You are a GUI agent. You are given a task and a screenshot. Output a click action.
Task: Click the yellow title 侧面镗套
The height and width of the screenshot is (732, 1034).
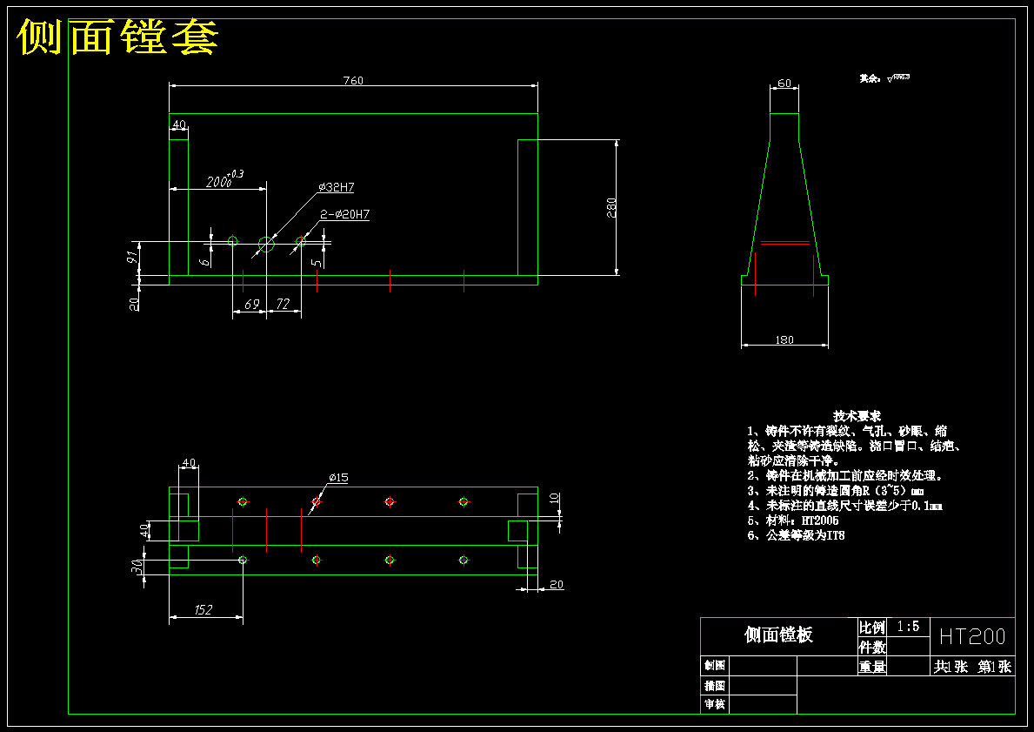(x=117, y=37)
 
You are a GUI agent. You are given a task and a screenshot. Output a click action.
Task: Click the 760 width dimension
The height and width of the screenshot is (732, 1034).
(x=352, y=81)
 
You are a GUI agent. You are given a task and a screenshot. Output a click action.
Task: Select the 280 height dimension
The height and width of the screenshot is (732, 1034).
(x=611, y=207)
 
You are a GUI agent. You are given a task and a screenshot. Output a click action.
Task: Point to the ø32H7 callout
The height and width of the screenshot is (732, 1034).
(x=337, y=187)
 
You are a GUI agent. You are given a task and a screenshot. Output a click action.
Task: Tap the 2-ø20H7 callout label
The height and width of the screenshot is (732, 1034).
(x=344, y=214)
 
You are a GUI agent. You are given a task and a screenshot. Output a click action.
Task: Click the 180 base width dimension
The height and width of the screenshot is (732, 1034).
(x=784, y=340)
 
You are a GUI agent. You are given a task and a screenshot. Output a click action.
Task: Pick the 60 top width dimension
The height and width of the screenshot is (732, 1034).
(x=784, y=84)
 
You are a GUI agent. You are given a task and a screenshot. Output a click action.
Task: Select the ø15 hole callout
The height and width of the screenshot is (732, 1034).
(x=338, y=478)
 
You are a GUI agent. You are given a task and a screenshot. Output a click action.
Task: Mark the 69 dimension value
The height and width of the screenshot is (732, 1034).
(x=251, y=305)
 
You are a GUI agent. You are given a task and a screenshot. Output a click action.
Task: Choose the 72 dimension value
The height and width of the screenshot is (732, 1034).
(x=283, y=305)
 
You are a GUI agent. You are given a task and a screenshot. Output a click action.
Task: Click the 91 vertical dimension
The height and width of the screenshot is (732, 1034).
(x=132, y=257)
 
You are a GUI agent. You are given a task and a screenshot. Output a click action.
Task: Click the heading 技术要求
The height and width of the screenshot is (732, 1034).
(x=857, y=416)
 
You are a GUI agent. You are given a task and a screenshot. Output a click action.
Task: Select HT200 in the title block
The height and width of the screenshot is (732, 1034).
(x=971, y=636)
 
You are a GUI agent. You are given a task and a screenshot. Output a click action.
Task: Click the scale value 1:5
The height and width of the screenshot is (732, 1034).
(x=908, y=627)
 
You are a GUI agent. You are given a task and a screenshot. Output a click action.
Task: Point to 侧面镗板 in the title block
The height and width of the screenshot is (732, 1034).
(x=778, y=635)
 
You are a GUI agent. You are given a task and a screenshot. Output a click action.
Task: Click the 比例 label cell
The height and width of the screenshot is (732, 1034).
(x=872, y=628)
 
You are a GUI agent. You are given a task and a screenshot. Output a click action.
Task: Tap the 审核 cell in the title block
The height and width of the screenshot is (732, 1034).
(x=714, y=704)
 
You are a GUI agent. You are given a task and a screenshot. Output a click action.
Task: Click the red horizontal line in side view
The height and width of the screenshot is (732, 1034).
(x=785, y=244)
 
